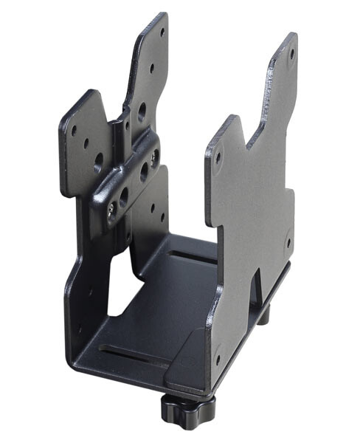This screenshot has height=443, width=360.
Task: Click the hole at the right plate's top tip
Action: [x=291, y=53]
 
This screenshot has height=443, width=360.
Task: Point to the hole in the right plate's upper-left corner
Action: [x=218, y=157]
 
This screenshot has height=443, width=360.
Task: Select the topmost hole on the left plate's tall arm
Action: [x=163, y=32]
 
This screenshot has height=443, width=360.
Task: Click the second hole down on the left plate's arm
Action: [x=153, y=68]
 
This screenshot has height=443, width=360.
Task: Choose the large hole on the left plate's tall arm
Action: [x=142, y=111]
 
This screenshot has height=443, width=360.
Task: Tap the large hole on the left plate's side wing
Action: [x=99, y=159]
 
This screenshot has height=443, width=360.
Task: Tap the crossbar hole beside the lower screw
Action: [x=123, y=197]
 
